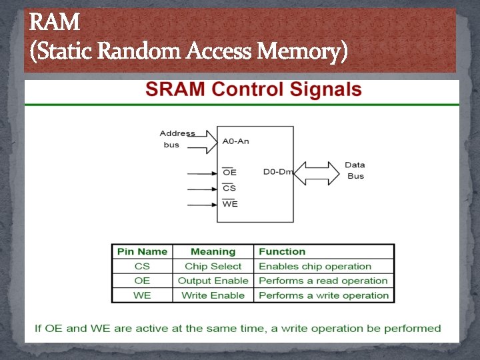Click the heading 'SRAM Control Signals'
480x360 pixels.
[x=253, y=91]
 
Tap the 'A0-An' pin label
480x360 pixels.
[x=235, y=141]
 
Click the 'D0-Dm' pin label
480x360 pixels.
[x=277, y=172]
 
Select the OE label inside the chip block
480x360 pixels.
[x=229, y=173]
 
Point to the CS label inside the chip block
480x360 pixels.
[x=229, y=188]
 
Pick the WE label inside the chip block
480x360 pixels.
[x=230, y=204]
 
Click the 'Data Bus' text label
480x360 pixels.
[x=355, y=171]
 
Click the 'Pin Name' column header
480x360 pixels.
[x=142, y=252]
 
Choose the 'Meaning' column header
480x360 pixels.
[x=213, y=252]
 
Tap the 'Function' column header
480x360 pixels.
[x=282, y=252]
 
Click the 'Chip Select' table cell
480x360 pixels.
[x=213, y=267]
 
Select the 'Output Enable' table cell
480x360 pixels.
[x=213, y=281]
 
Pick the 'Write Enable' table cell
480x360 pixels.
[x=213, y=295]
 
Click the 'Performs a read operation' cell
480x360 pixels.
[x=323, y=281]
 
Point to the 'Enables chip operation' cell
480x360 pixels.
[x=315, y=267]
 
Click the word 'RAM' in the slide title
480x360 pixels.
[x=55, y=24]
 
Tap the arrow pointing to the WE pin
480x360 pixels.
[x=202, y=205]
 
